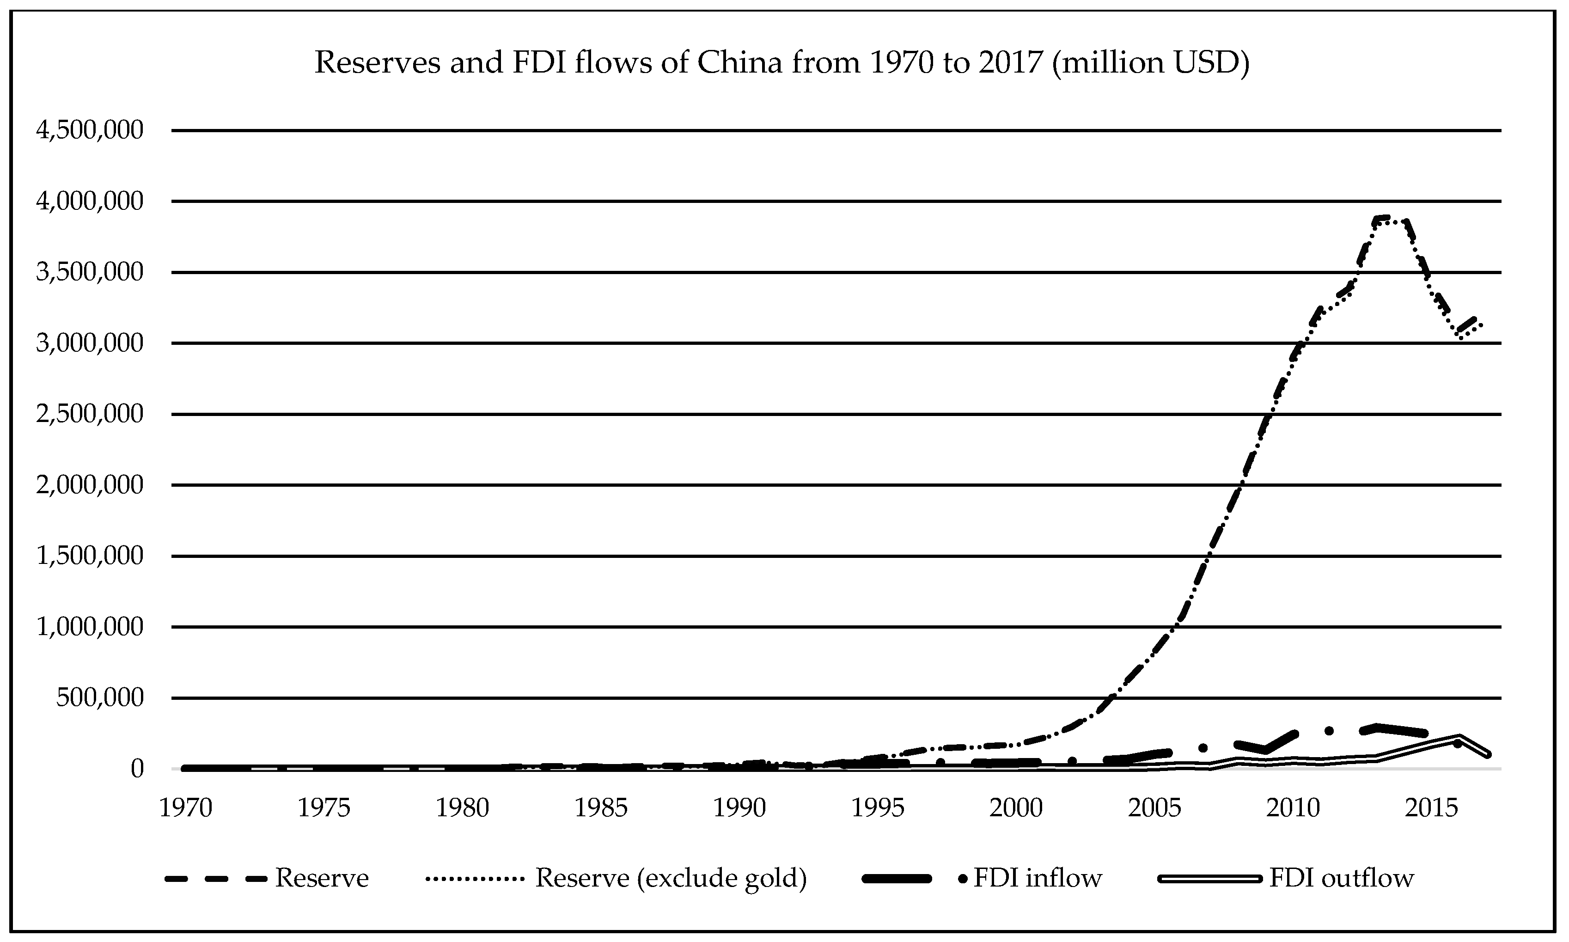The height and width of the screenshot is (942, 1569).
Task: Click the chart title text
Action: (782, 63)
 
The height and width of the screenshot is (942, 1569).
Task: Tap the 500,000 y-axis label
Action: (100, 697)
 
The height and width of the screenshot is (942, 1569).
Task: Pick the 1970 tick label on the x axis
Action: (185, 808)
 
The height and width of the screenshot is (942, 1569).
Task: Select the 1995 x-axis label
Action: (877, 808)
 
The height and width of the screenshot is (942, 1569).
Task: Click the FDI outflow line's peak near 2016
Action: (1459, 737)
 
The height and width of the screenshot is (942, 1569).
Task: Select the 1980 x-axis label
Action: (462, 808)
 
